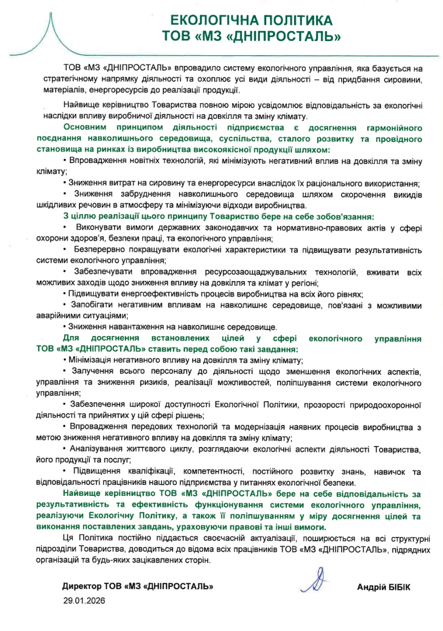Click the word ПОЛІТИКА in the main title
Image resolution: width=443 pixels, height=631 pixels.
292,21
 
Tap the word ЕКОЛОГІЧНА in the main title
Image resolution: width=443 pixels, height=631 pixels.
208,21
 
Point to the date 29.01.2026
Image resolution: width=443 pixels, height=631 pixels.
84,600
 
